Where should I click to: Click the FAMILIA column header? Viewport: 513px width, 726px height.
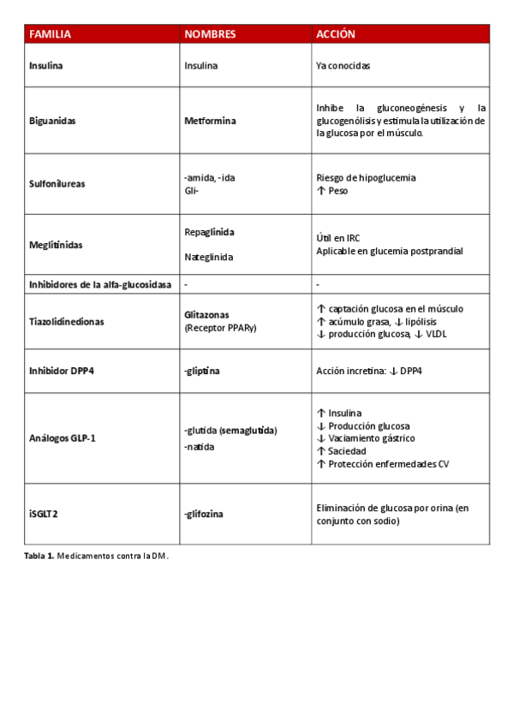pyautogui.click(x=51, y=34)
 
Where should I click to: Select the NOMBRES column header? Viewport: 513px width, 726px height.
pyautogui.click(x=210, y=34)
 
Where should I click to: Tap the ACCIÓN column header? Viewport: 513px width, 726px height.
pyautogui.click(x=336, y=34)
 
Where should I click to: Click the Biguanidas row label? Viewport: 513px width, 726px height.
pyautogui.click(x=52, y=121)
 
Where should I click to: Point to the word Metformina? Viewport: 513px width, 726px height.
pyautogui.click(x=210, y=121)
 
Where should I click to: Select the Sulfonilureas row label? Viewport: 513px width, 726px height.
pyautogui.click(x=57, y=183)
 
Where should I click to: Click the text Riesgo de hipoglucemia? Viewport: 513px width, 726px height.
pyautogui.click(x=366, y=178)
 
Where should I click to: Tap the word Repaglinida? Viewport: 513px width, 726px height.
pyautogui.click(x=209, y=232)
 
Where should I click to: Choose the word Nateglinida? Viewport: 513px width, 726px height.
pyautogui.click(x=209, y=257)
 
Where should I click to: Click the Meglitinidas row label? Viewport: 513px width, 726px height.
pyautogui.click(x=56, y=245)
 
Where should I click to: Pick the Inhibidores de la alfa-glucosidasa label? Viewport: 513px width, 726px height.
pyautogui.click(x=100, y=283)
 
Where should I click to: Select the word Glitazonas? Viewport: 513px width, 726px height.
pyautogui.click(x=206, y=315)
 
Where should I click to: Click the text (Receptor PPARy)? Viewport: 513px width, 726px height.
pyautogui.click(x=220, y=327)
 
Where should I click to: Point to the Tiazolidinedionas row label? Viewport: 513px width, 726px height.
pyautogui.click(x=67, y=321)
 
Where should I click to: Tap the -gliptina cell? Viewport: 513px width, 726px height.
pyautogui.click(x=205, y=372)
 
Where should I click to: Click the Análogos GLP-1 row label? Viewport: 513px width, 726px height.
pyautogui.click(x=63, y=438)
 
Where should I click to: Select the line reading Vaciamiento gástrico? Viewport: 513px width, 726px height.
pyautogui.click(x=370, y=438)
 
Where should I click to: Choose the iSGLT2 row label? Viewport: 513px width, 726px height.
pyautogui.click(x=45, y=514)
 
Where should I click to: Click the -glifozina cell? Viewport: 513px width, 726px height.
pyautogui.click(x=207, y=514)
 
